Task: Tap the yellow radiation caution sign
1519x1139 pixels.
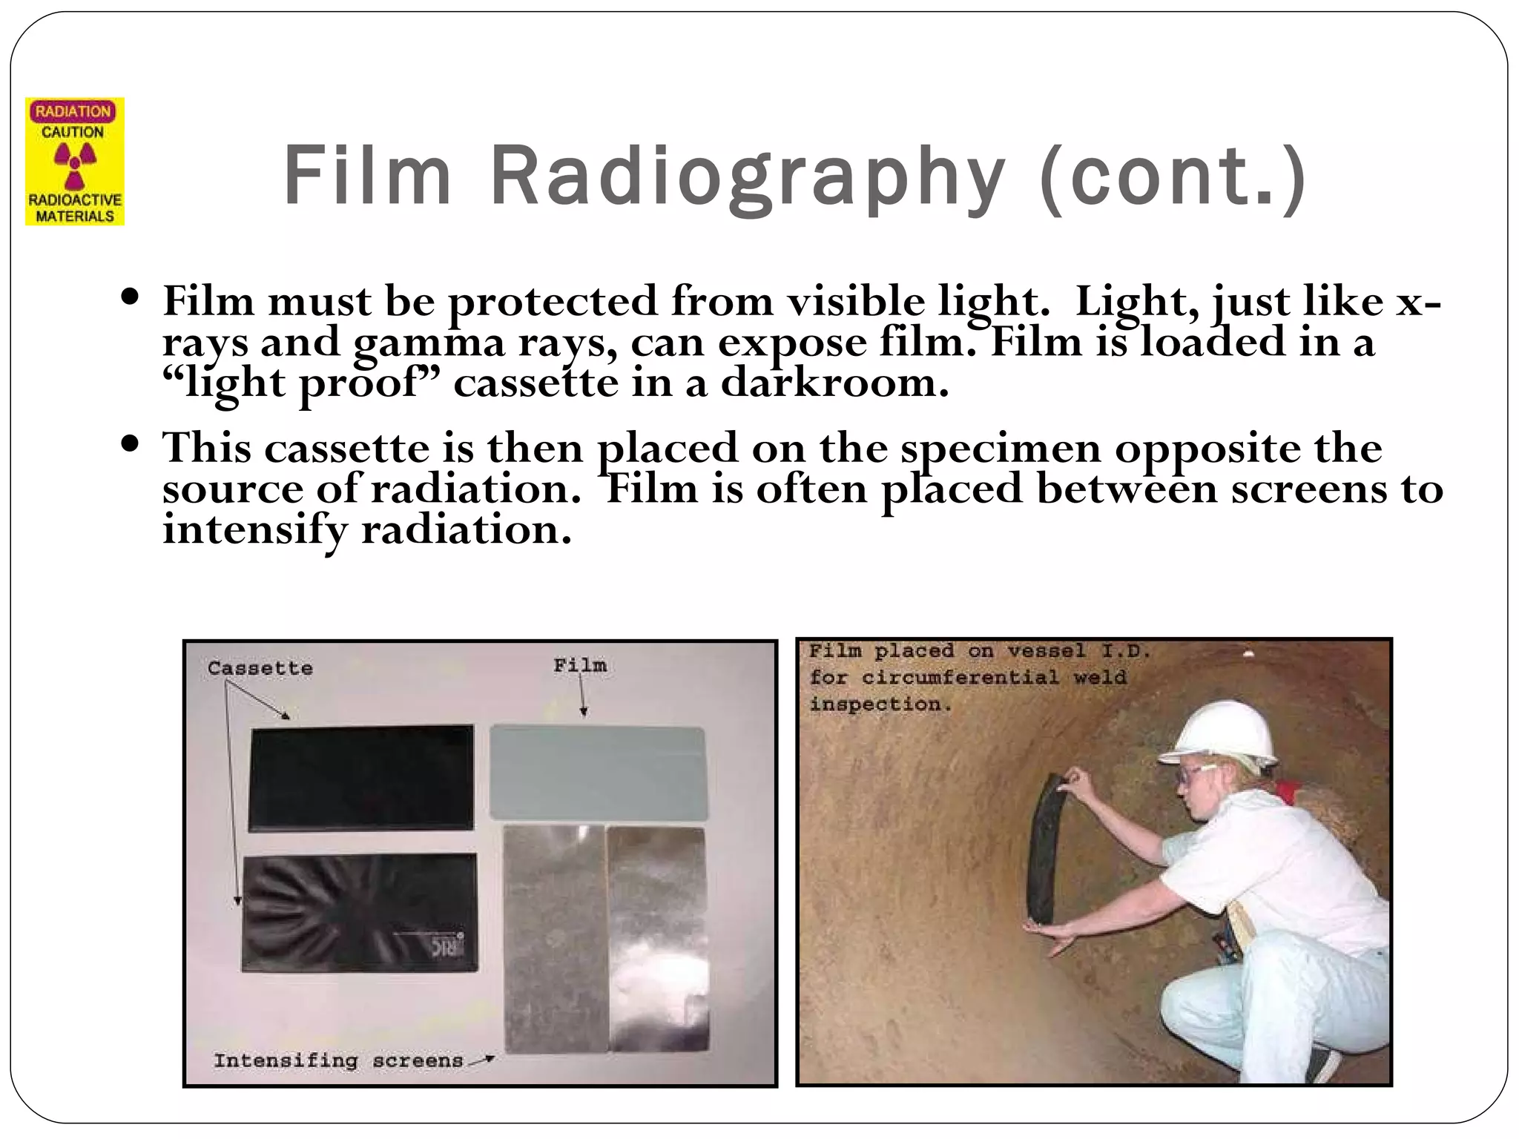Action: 74,161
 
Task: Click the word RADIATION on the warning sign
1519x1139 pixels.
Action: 73,112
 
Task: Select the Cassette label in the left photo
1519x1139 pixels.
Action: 260,668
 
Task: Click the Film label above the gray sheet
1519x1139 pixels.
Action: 579,665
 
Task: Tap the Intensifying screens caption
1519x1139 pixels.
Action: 338,1060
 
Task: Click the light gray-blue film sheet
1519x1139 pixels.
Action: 597,771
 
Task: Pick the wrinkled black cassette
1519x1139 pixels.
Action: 358,911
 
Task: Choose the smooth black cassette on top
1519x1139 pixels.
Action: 360,776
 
